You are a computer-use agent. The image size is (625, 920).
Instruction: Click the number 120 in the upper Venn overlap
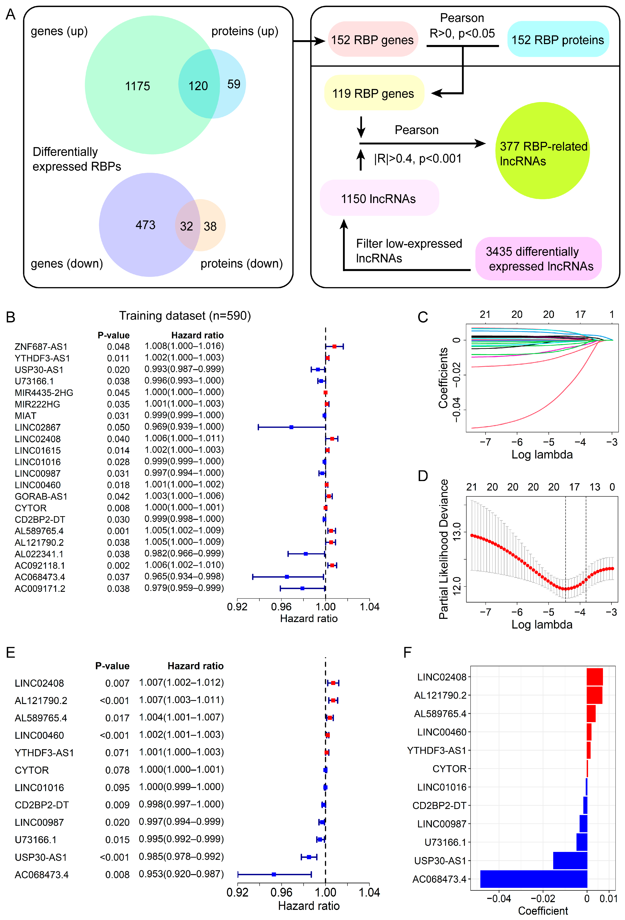(x=198, y=86)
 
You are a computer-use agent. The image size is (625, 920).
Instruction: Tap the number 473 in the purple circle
(x=145, y=225)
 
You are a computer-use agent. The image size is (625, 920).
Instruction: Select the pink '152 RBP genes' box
(x=372, y=40)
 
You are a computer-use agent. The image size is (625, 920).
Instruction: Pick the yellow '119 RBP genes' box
(x=373, y=94)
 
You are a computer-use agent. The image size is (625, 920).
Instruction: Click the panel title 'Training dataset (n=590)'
(x=185, y=316)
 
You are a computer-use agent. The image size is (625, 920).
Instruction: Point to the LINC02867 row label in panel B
(x=38, y=427)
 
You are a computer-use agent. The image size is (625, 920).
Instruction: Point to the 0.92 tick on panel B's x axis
(x=237, y=606)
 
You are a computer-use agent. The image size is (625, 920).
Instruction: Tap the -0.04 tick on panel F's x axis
(x=499, y=899)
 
